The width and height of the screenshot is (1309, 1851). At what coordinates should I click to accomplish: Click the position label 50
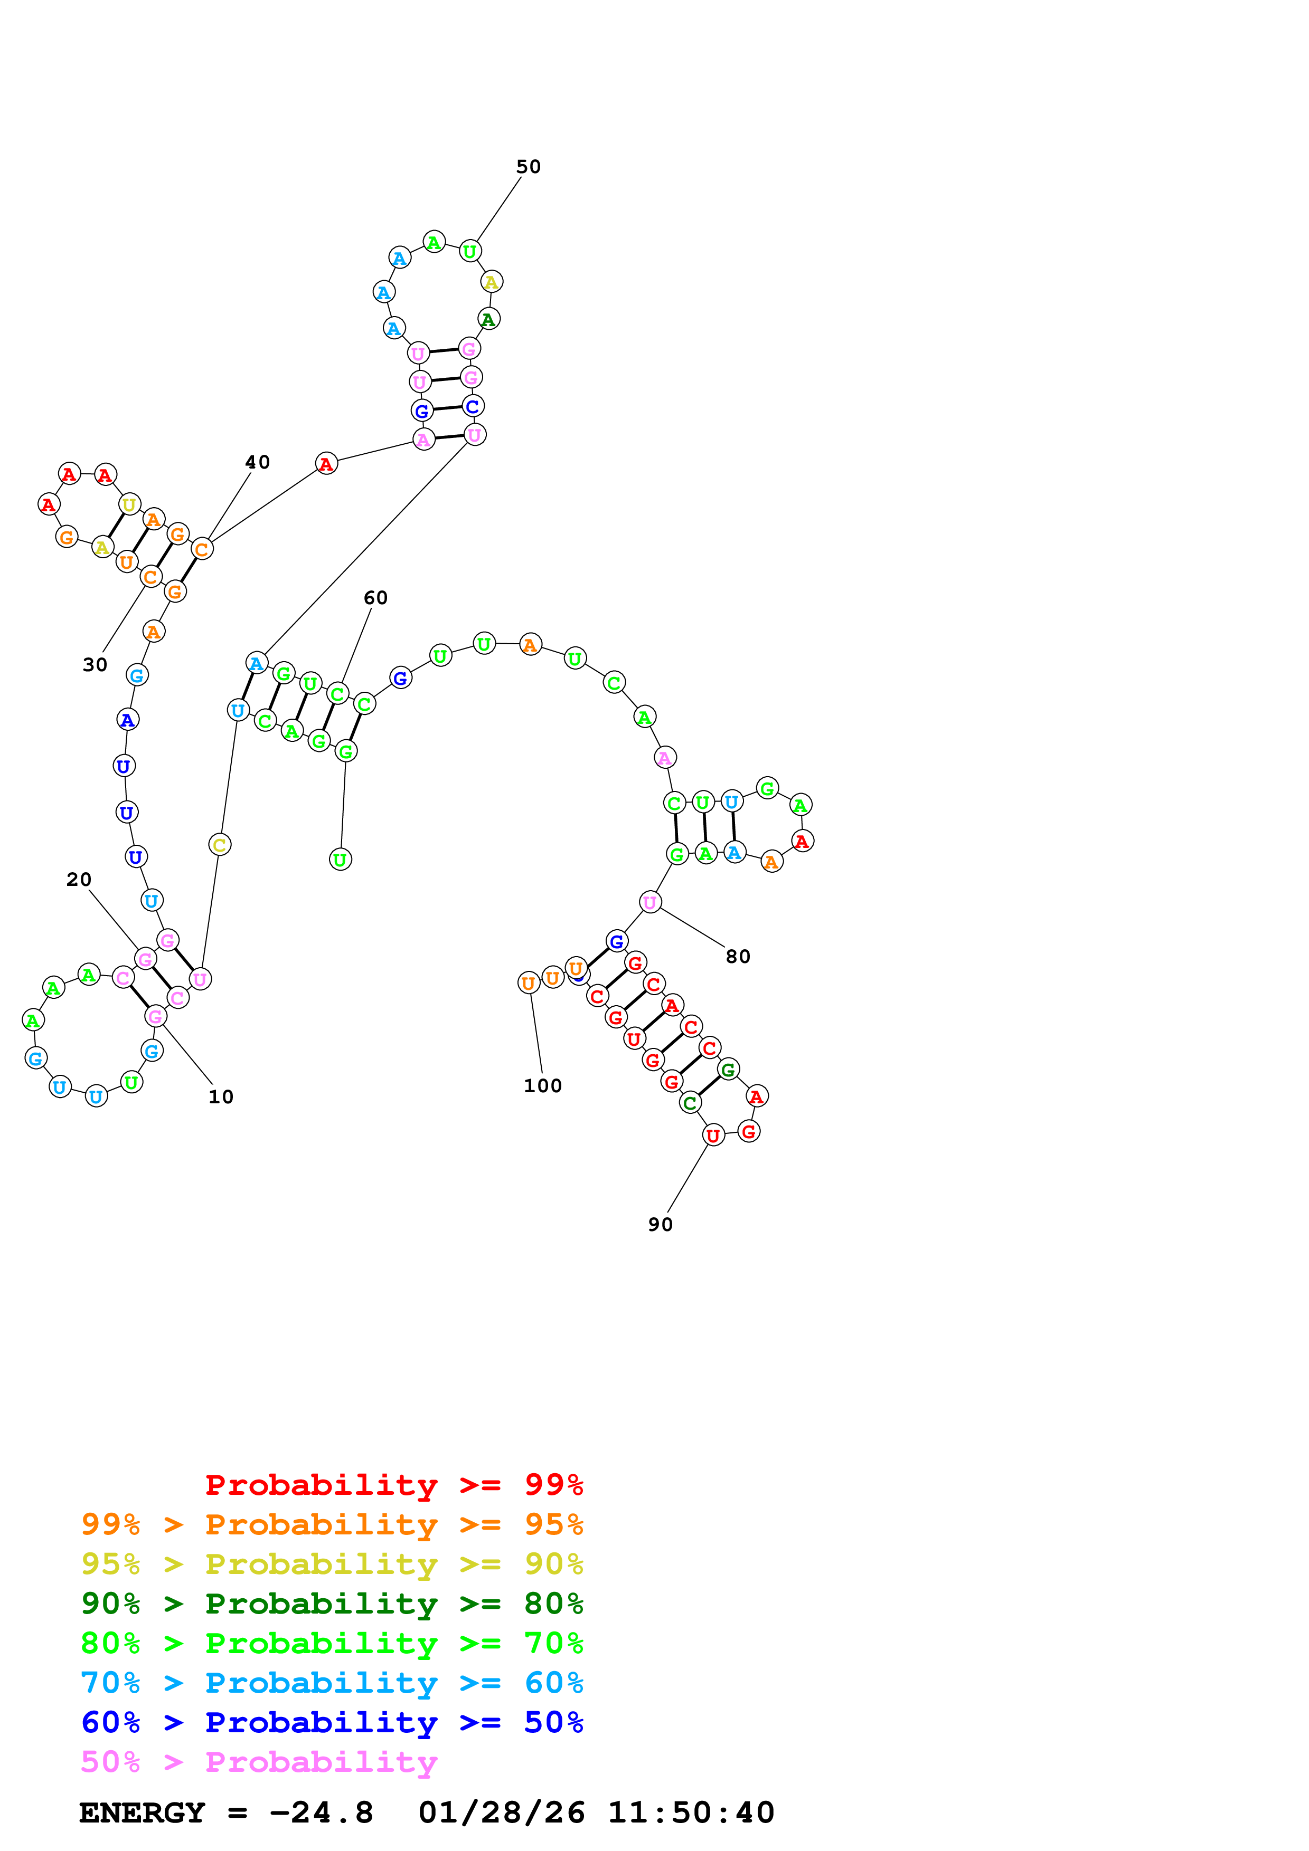pos(528,167)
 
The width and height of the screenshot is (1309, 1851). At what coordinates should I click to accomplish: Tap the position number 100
pos(542,1086)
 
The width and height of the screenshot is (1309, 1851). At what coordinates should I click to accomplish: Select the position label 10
pos(220,1097)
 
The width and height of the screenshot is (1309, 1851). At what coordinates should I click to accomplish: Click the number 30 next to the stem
pos(95,665)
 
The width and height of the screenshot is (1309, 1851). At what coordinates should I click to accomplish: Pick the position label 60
pos(375,598)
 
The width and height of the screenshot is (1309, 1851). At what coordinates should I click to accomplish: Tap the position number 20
pos(78,880)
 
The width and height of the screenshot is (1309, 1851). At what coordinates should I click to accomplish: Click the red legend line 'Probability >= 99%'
pos(393,1485)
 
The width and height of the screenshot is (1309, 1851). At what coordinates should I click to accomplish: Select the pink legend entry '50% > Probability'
pos(258,1762)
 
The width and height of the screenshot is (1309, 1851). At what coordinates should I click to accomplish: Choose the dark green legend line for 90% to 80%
pos(332,1604)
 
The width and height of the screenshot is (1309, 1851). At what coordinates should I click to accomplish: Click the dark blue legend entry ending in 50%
pos(332,1723)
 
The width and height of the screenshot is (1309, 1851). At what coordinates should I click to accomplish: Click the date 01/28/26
pos(502,1813)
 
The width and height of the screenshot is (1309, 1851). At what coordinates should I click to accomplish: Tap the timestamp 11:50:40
pos(690,1813)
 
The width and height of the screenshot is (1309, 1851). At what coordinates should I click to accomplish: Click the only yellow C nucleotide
pos(219,845)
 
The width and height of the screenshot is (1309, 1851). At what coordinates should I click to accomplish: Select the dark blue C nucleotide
pos(473,406)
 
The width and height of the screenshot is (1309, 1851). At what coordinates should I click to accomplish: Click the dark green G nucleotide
pos(728,1070)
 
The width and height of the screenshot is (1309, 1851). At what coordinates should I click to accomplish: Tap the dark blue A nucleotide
pos(127,720)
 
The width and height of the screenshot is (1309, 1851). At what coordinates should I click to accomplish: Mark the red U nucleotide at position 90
pos(713,1136)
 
